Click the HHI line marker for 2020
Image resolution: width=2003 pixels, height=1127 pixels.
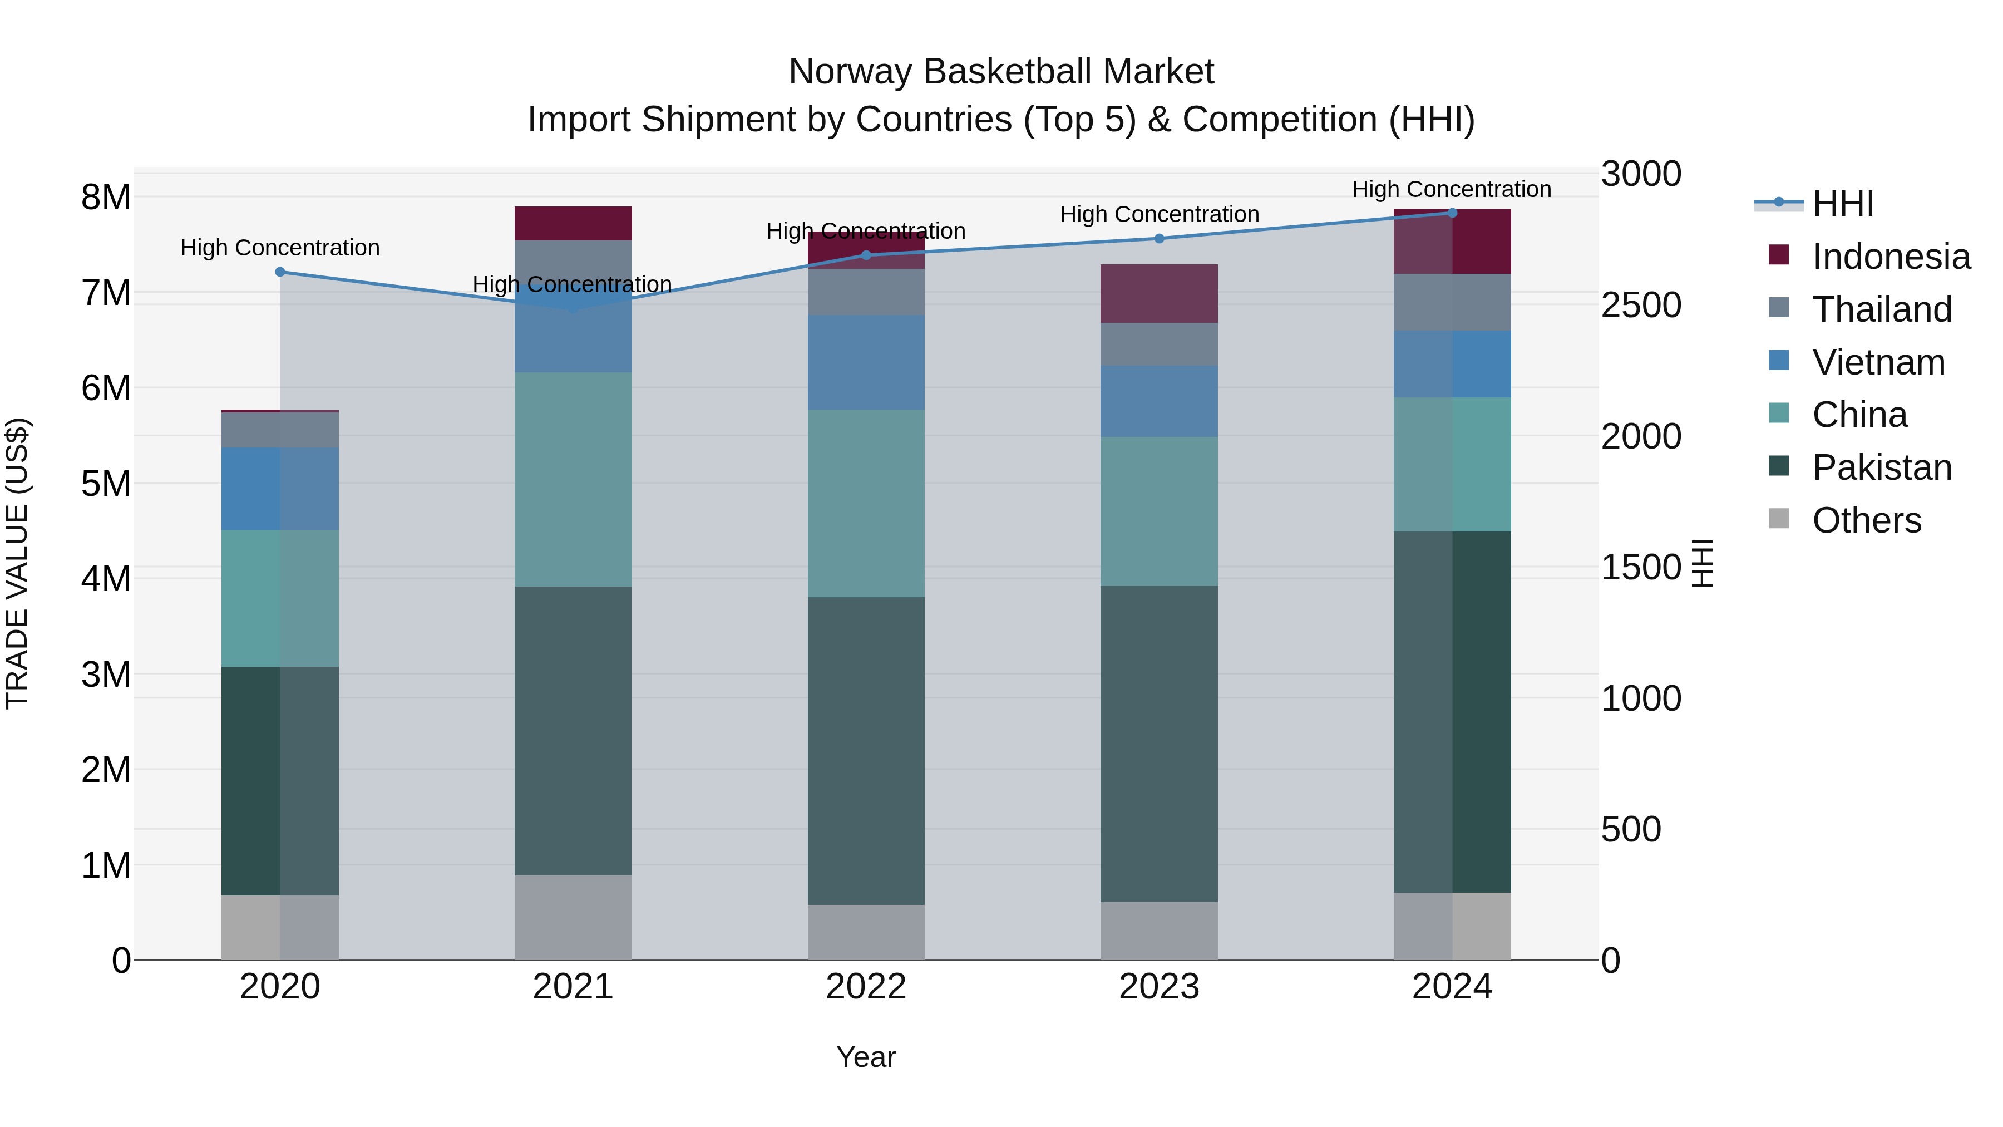280,272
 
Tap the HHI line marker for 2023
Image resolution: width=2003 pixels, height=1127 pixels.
1158,239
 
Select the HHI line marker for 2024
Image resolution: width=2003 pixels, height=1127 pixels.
1452,213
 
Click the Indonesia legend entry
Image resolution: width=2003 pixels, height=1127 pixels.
1889,257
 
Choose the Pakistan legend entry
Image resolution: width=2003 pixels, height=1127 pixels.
1881,467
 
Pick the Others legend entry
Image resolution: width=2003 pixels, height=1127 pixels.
1866,520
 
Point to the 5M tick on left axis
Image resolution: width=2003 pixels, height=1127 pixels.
106,484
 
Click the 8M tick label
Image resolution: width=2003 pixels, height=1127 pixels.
106,198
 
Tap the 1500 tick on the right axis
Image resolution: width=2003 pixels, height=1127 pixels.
1641,567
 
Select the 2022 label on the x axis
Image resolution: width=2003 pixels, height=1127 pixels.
865,987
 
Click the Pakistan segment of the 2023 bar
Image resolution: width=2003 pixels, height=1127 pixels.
1158,743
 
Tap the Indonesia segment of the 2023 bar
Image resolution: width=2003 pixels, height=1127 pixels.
1158,293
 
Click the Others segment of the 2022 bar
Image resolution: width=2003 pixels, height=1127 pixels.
865,932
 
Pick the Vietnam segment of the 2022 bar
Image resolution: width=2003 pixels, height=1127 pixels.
865,362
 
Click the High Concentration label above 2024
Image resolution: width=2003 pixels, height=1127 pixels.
1451,189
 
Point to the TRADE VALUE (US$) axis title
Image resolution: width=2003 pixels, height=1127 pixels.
18,563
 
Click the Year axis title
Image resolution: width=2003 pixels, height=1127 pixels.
865,1057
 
